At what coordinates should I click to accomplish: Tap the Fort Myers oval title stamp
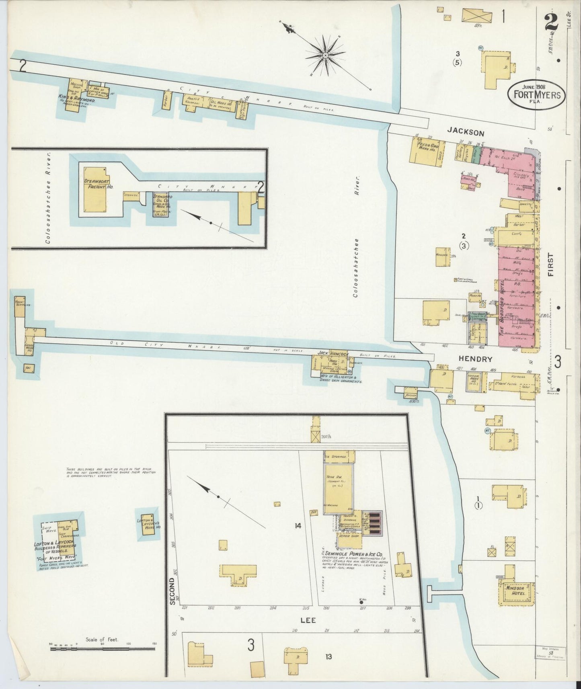[536, 95]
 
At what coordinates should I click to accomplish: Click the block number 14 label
[298, 525]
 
